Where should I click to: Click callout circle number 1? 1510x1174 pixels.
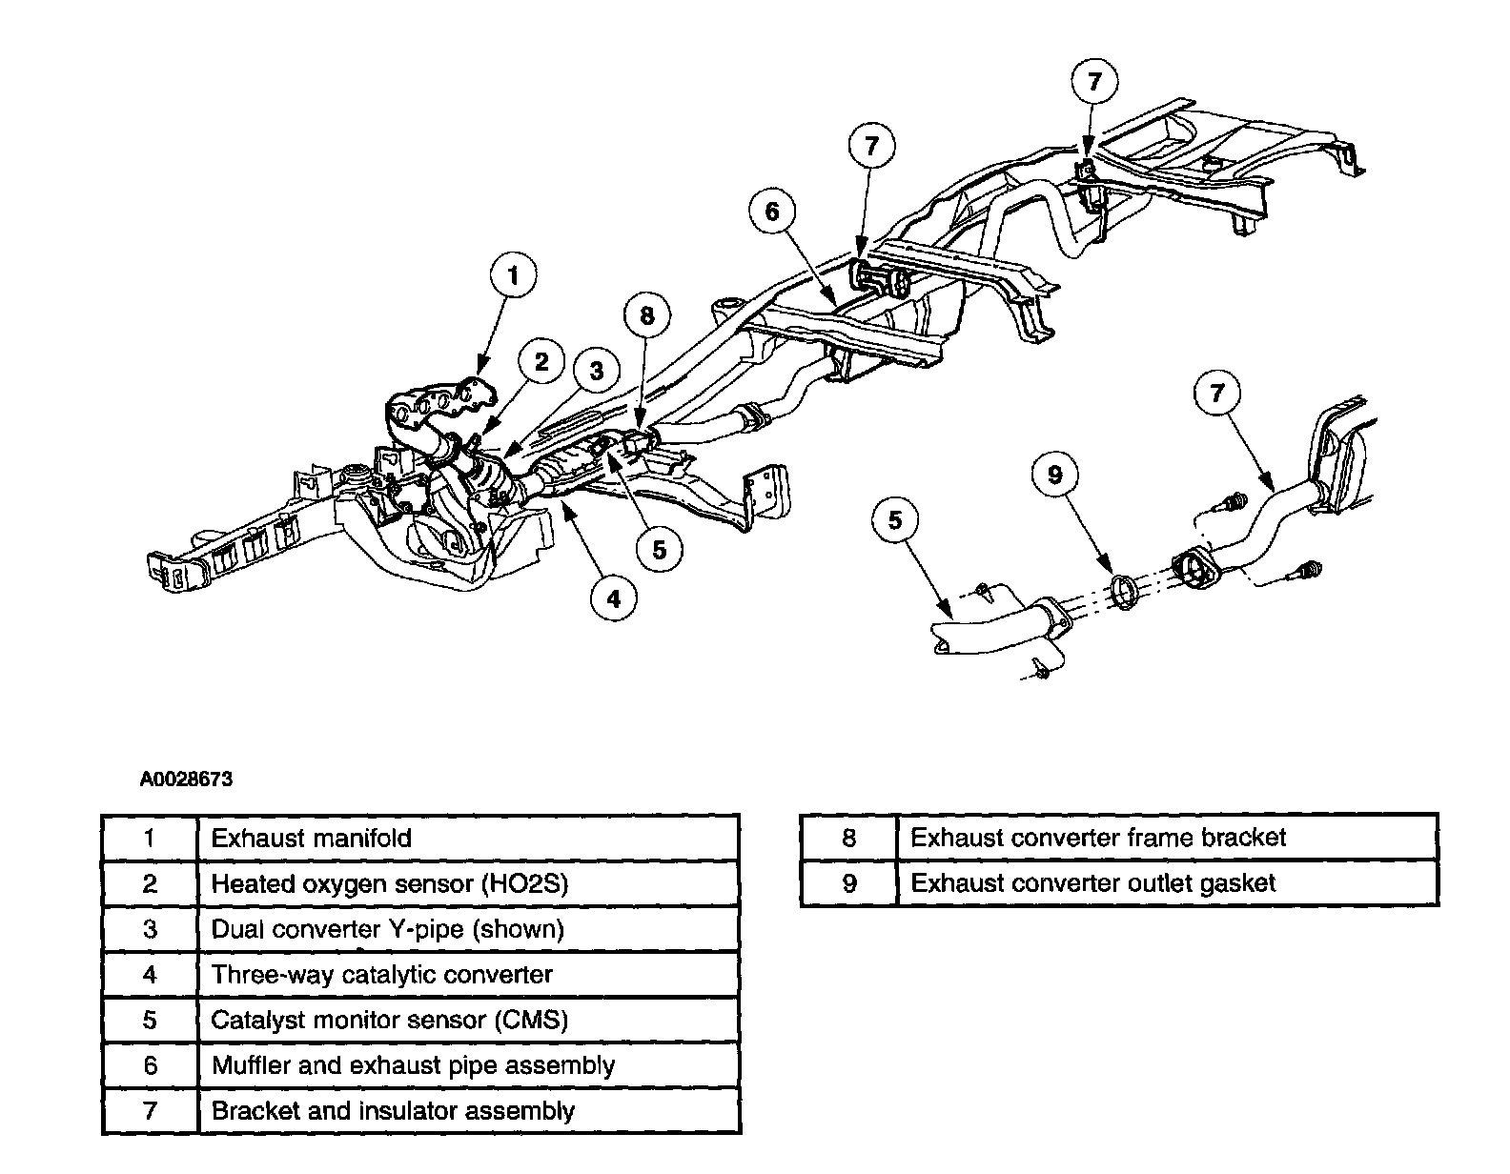coord(514,277)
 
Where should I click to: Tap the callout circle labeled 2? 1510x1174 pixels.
coord(541,361)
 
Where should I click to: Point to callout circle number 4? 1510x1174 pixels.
coord(614,598)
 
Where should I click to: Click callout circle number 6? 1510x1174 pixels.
coord(772,212)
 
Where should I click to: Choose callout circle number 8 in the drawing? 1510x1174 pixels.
coord(647,316)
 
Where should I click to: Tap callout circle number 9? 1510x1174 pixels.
coord(1055,475)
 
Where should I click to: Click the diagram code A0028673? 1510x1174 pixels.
coord(187,779)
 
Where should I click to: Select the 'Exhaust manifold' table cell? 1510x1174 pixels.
coord(467,839)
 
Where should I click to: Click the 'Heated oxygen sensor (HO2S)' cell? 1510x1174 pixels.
coord(467,883)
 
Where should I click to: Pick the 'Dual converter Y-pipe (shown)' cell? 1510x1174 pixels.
coord(467,929)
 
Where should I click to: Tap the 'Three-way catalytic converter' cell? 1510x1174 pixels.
coord(467,975)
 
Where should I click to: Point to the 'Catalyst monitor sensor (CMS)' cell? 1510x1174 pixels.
coord(467,1021)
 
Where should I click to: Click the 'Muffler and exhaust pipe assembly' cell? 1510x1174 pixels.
coord(467,1065)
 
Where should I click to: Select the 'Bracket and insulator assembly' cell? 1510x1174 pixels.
coord(467,1111)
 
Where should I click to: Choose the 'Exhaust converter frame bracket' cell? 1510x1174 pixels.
coord(1166,838)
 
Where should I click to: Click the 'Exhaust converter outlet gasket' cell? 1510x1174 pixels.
coord(1166,883)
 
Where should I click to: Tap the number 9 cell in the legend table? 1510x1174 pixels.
coord(848,883)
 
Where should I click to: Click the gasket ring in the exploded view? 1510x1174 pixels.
coord(1125,592)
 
